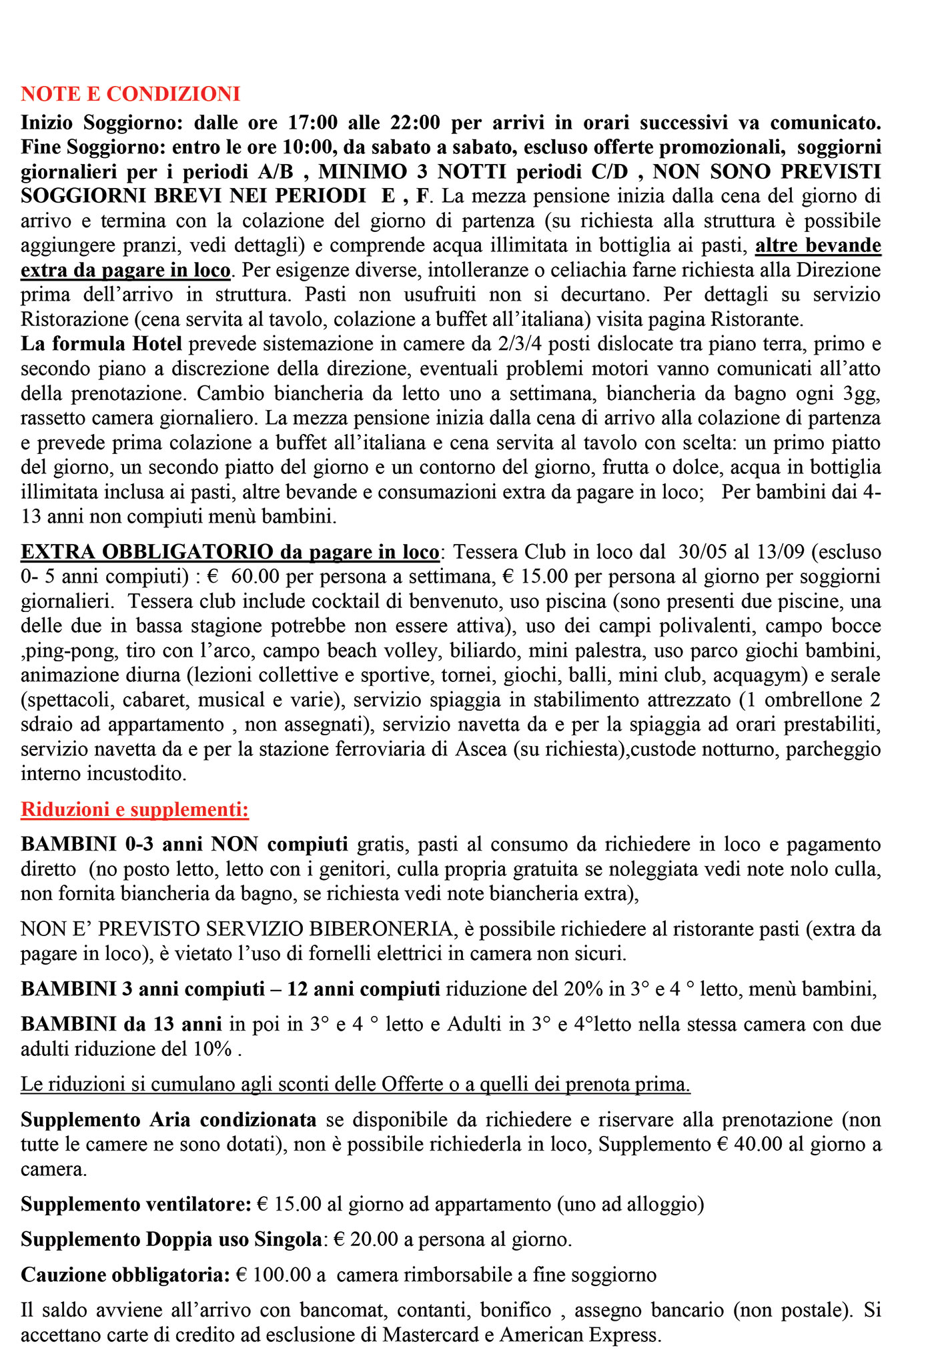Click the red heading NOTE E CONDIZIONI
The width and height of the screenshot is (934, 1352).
[130, 94]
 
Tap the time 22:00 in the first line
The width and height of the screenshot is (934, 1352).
[414, 123]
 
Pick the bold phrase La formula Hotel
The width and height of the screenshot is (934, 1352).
[101, 344]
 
